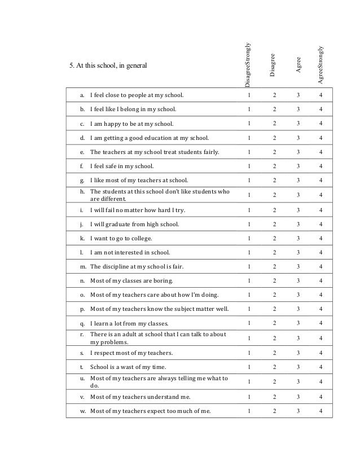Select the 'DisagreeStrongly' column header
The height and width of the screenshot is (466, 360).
point(249,65)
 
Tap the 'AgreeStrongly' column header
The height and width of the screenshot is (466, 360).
point(321,65)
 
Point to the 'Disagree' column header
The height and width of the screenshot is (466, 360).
point(273,65)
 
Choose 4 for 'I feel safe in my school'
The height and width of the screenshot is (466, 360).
point(321,166)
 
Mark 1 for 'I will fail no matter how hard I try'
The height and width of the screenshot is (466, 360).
point(249,210)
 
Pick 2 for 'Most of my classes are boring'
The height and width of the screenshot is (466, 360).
point(274,280)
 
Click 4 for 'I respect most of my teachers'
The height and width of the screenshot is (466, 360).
point(321,353)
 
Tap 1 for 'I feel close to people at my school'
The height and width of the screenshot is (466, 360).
point(249,95)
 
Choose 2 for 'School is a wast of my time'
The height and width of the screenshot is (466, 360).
point(274,367)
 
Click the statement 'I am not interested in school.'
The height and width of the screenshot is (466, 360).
point(130,252)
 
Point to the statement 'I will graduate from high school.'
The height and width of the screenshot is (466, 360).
point(135,225)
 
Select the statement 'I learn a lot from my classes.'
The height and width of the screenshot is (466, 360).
point(129,324)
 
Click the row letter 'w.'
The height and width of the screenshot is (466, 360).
point(83,411)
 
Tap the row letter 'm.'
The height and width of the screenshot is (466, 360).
point(83,266)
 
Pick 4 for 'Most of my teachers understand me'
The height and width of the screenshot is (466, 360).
point(321,397)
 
